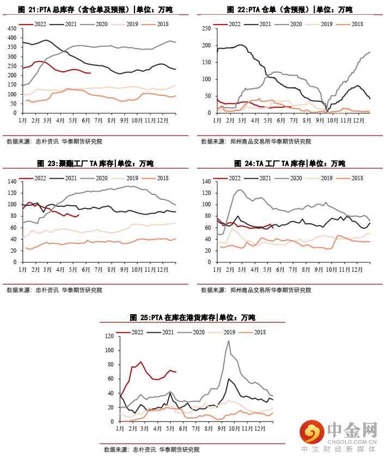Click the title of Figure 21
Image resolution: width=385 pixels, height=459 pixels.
pos(96,10)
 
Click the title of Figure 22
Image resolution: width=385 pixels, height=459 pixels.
pos(290,10)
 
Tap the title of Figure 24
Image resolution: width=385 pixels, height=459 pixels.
pos(290,163)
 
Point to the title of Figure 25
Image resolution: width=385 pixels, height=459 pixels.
pos(192,317)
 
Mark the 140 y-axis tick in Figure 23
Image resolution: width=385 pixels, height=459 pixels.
pos(12,181)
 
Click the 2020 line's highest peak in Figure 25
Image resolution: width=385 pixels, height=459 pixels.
pos(229,341)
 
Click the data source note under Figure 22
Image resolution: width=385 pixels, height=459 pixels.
pos(256,141)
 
